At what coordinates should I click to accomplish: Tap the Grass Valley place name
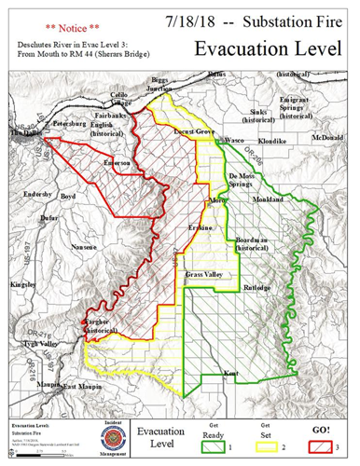(x=203, y=276)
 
